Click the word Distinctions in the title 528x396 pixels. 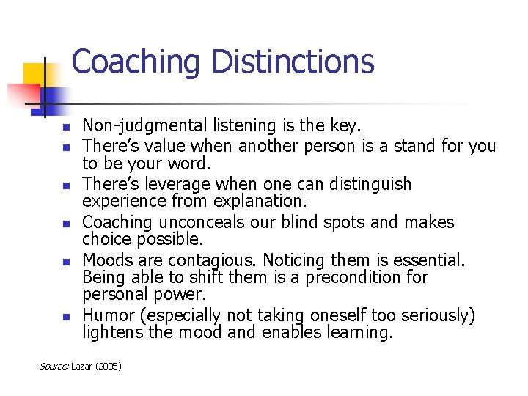coord(293,62)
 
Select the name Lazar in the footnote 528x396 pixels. coord(82,364)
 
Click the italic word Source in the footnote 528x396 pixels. coord(53,364)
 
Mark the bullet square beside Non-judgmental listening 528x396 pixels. coord(65,128)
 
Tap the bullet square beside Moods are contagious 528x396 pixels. coord(65,261)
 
